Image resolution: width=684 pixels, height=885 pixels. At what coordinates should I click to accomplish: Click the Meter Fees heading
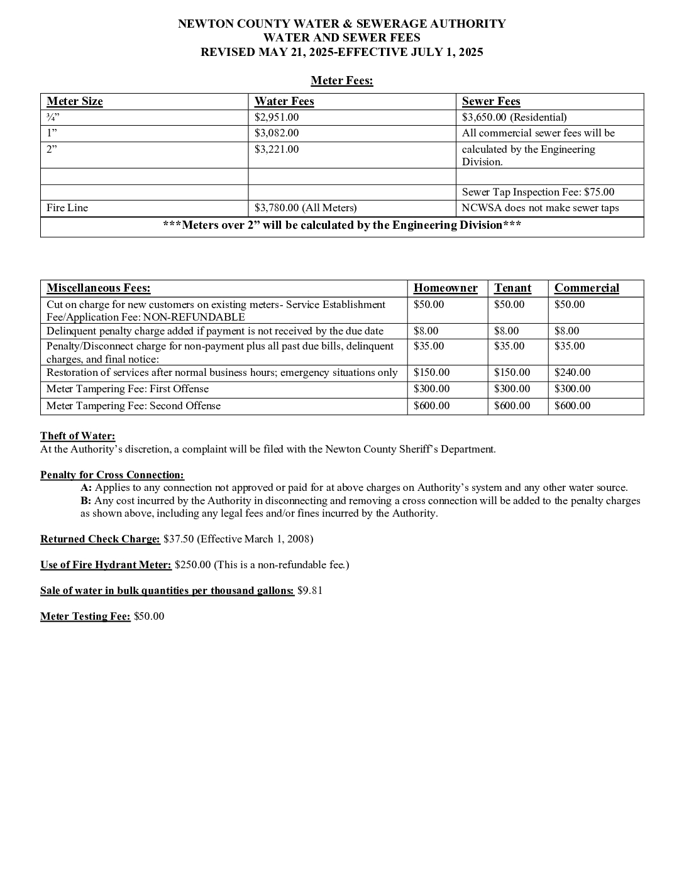coord(341,80)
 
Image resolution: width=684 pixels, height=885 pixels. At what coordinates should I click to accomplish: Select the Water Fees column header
coord(284,101)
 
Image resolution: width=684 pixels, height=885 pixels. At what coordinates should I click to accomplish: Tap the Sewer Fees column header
coord(490,101)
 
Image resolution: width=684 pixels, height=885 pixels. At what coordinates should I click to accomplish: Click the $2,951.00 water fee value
coord(277,117)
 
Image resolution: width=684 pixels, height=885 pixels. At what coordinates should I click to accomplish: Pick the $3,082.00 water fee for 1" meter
coord(277,133)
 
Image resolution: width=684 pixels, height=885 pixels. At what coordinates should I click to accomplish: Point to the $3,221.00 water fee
coord(277,150)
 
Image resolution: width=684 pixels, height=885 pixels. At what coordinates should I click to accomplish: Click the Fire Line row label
coord(67,208)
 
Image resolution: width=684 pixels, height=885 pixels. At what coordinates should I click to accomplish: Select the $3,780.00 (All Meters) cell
coord(306,208)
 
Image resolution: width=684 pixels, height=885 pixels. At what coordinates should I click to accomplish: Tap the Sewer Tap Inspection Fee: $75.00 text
coord(538,192)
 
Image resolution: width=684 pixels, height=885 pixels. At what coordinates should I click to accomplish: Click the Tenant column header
coord(512,288)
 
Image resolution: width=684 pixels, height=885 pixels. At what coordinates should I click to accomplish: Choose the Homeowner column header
coord(445,288)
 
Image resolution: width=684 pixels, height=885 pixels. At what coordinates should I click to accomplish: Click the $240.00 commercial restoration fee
coord(572,373)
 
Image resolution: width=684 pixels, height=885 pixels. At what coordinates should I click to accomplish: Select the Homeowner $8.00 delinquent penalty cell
coord(426,331)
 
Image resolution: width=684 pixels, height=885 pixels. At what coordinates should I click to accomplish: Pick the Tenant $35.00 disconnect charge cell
coord(509,346)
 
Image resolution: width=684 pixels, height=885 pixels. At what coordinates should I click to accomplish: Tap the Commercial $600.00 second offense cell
coord(572,406)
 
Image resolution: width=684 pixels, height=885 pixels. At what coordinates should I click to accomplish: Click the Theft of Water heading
coord(77,436)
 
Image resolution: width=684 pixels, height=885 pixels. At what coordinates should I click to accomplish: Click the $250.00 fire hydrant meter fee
coord(192,565)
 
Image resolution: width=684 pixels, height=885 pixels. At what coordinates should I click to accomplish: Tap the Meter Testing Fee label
coord(85,617)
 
